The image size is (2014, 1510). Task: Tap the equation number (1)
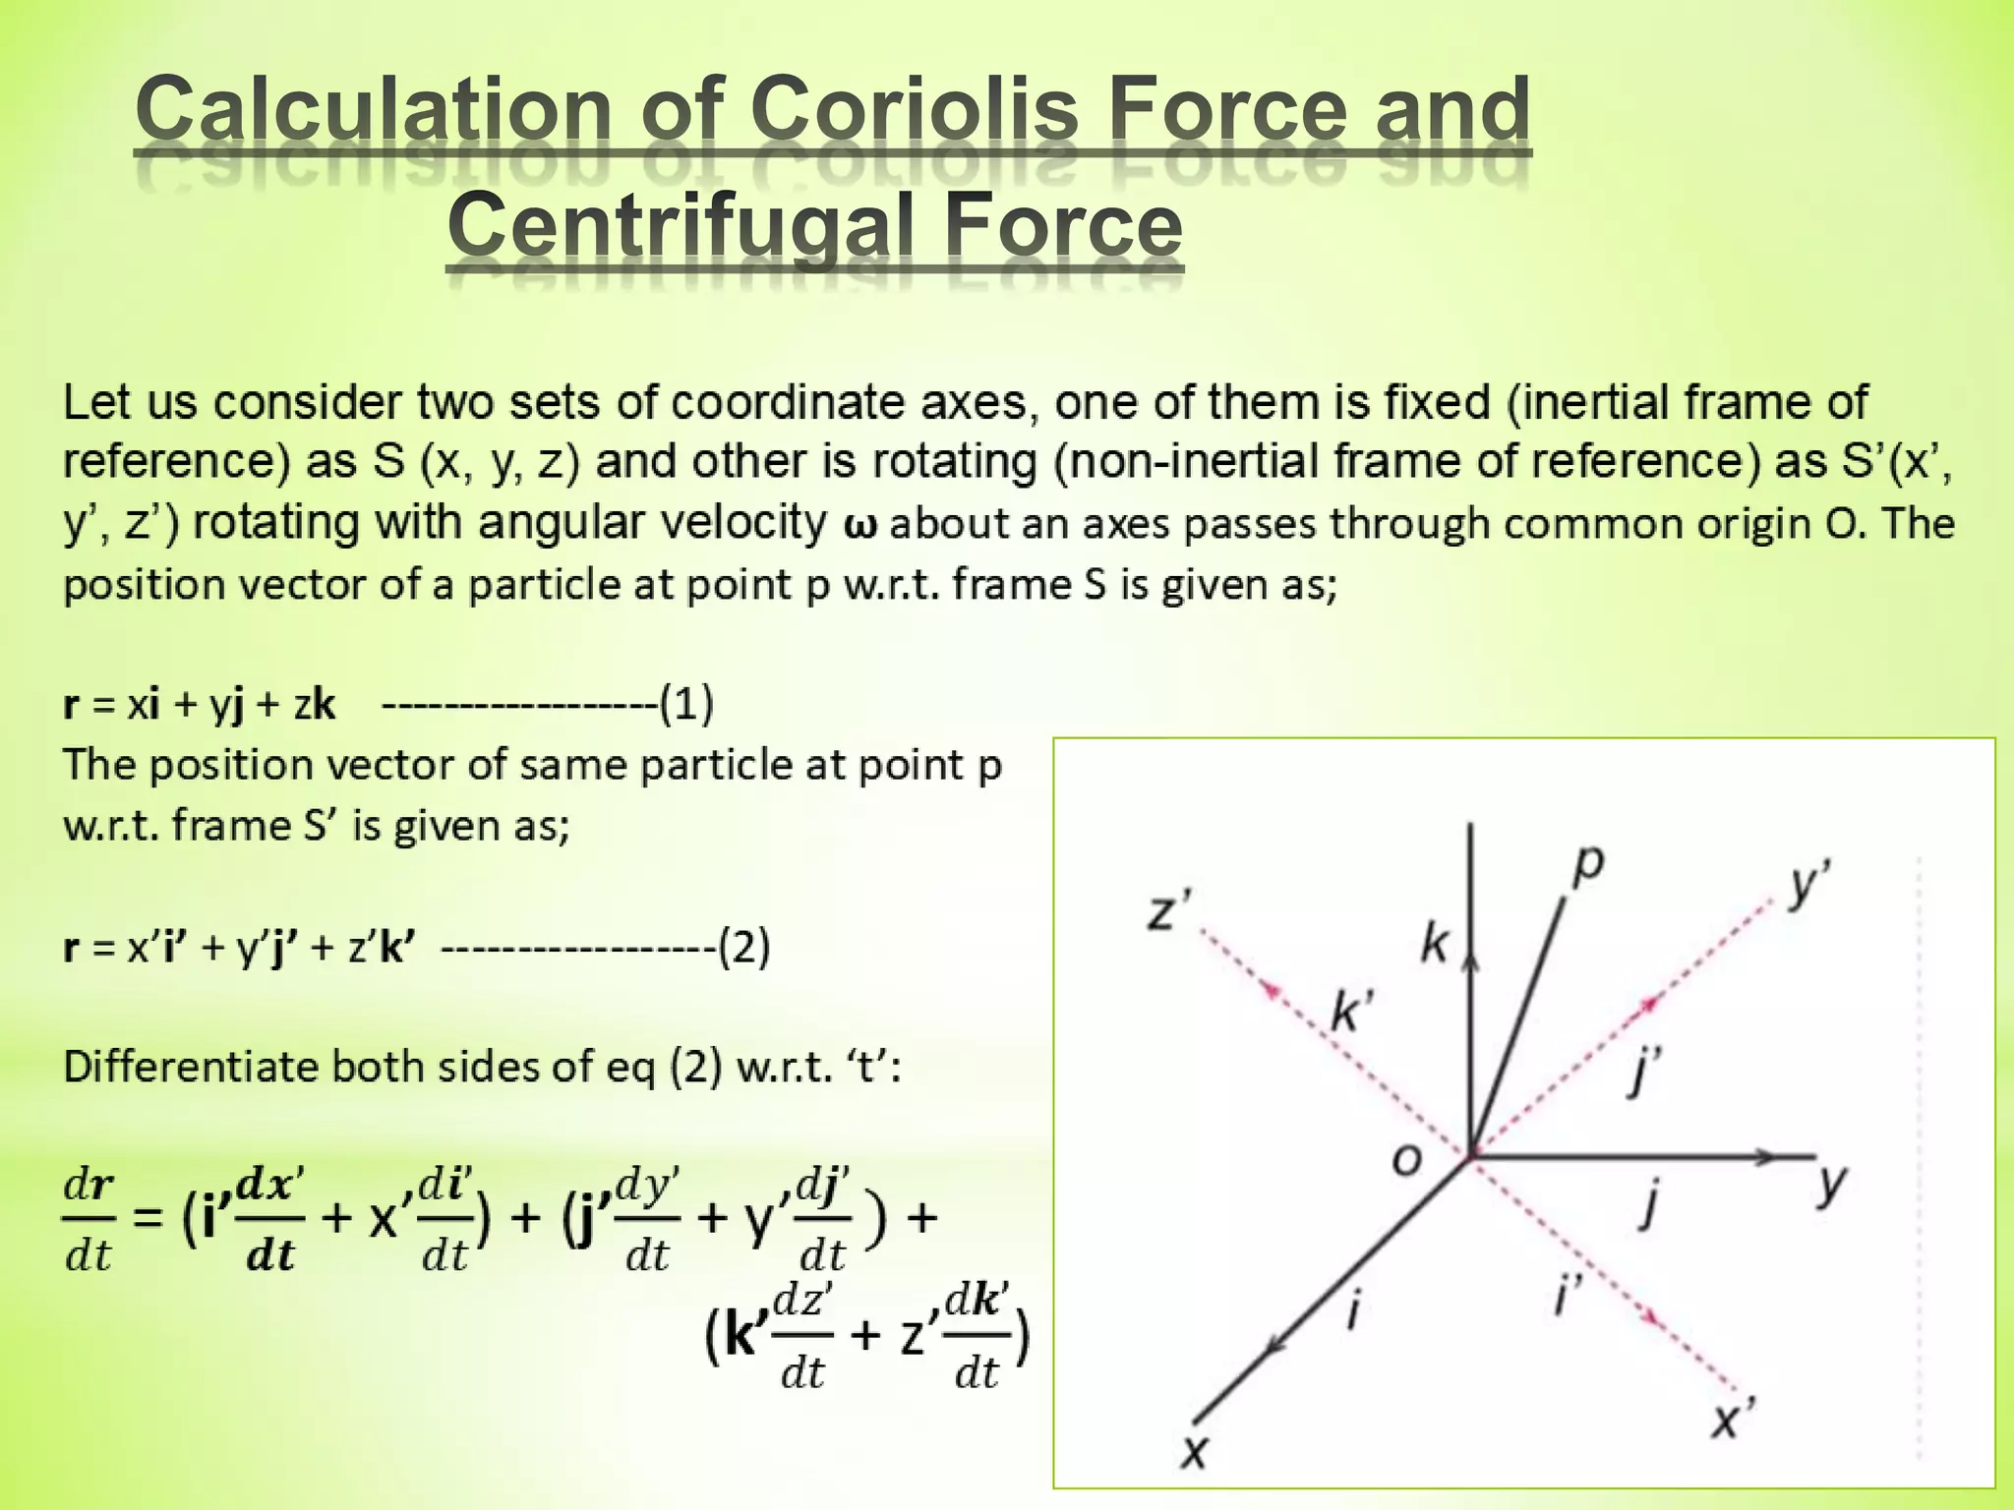[x=686, y=704]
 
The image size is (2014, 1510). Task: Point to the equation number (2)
[x=743, y=948]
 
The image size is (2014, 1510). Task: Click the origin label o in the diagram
[x=1406, y=1161]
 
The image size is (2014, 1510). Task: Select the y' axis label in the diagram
[x=1807, y=882]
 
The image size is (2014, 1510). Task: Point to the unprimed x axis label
[x=1193, y=1450]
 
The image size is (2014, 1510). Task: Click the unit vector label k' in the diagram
[x=1351, y=1012]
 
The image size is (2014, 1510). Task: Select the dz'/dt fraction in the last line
[x=803, y=1338]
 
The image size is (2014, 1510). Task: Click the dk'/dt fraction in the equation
[x=976, y=1338]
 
